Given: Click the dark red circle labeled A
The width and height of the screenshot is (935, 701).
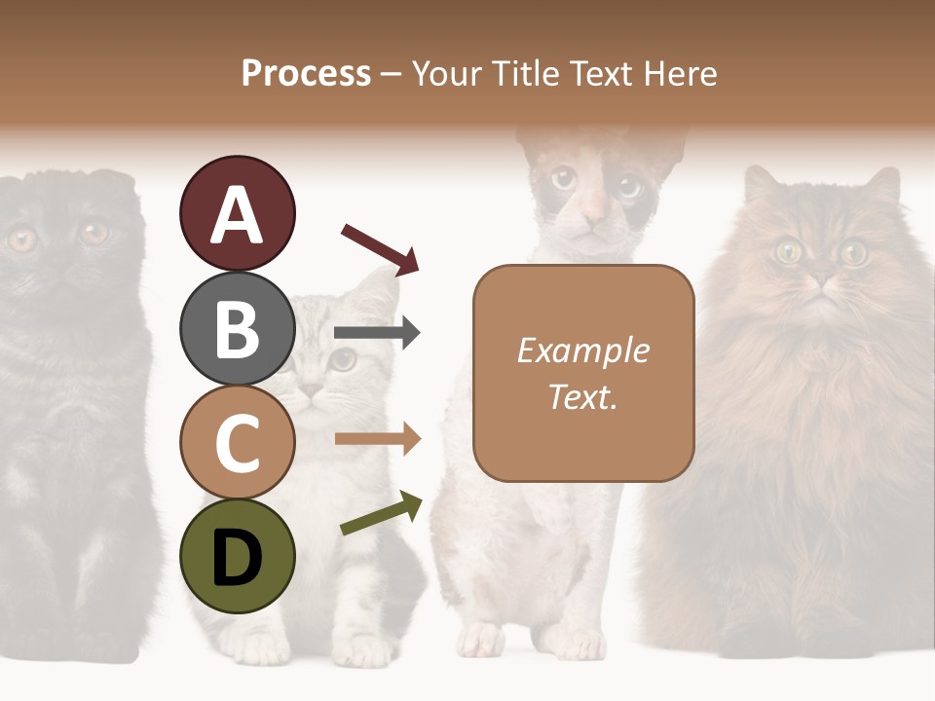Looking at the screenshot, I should click(237, 213).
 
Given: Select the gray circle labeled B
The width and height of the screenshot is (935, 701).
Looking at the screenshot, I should click(237, 328).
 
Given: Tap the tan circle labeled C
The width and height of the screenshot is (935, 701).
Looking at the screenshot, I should click(237, 442).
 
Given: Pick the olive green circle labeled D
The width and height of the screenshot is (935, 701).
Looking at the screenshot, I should click(237, 556).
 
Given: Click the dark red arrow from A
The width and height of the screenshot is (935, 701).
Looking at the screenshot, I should click(380, 248).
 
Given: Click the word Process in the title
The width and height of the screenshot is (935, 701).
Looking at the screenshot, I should click(306, 73).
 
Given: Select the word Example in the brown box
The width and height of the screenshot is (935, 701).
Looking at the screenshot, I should click(582, 350).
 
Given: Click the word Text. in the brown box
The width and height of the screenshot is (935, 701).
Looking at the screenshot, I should click(582, 396).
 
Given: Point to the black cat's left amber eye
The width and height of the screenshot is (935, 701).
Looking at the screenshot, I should click(21, 239).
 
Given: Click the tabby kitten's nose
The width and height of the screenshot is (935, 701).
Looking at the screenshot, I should click(310, 389).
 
